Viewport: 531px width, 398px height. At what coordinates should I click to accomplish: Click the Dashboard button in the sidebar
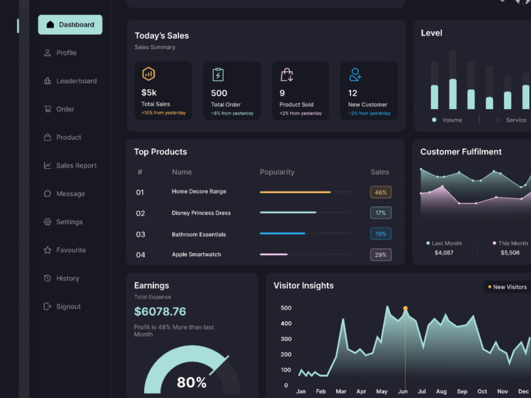[70, 24]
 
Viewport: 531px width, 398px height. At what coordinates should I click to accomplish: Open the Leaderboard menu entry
[71, 81]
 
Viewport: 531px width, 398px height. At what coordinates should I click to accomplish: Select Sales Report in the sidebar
[71, 166]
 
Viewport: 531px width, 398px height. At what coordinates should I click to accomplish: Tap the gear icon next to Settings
[47, 222]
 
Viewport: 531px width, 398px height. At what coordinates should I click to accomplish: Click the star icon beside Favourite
[47, 250]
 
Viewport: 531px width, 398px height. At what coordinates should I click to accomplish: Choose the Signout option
[63, 306]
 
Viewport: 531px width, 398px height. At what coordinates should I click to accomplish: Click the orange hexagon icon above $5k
[149, 74]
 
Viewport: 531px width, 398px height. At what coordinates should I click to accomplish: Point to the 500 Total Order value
[219, 93]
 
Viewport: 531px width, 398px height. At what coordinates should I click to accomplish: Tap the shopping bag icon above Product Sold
[287, 74]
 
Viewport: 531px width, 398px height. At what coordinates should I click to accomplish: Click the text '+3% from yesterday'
[370, 114]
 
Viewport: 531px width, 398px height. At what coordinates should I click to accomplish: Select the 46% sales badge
[381, 192]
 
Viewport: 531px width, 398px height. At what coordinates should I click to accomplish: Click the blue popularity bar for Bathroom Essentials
[282, 233]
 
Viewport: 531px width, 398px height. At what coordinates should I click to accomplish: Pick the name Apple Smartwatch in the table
[196, 255]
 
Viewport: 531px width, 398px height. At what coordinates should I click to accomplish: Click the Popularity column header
[277, 172]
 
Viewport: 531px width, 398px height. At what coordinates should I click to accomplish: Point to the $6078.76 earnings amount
[160, 312]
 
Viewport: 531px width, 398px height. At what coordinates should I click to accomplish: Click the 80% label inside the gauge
[192, 383]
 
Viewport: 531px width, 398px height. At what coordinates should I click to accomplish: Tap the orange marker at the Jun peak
[405, 308]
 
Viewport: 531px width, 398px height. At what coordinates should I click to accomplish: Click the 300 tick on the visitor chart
[286, 339]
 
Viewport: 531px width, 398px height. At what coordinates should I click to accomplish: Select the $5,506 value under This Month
[510, 253]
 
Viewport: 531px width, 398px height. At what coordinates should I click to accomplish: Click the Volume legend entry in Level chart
[447, 120]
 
